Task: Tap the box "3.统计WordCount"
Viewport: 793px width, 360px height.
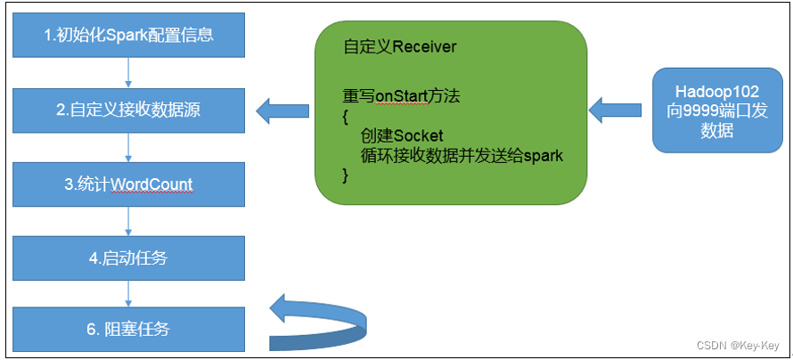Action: (128, 185)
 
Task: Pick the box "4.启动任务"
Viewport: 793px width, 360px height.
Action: (128, 258)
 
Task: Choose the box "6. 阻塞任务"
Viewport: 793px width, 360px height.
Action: (128, 329)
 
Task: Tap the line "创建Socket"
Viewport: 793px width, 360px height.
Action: (402, 135)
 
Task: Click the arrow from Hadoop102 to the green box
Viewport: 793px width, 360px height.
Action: (615, 110)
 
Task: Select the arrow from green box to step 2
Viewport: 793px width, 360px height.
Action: (282, 111)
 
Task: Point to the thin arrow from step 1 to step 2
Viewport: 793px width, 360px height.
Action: (128, 74)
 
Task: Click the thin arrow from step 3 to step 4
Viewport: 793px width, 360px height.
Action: (128, 222)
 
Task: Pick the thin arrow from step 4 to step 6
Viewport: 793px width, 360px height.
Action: (128, 293)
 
